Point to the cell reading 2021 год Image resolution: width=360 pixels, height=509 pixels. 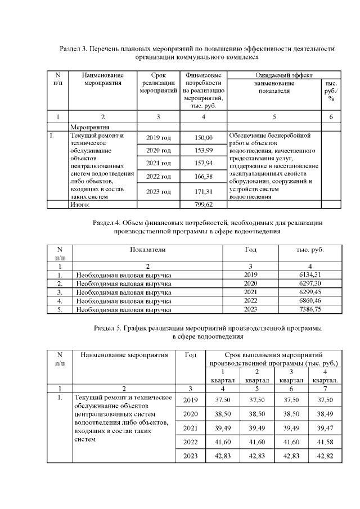pyautogui.click(x=158, y=164)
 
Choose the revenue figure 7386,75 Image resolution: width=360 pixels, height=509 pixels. pyautogui.click(x=310, y=309)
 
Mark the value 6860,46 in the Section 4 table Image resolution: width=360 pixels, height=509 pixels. pyautogui.click(x=310, y=301)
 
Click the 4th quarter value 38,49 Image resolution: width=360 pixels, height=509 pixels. pyautogui.click(x=325, y=413)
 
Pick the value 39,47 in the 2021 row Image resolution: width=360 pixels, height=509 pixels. pyautogui.click(x=325, y=427)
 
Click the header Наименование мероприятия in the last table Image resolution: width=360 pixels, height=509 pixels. pyautogui.click(x=124, y=355)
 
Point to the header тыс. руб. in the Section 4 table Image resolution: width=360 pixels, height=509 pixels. pyautogui.click(x=310, y=250)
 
